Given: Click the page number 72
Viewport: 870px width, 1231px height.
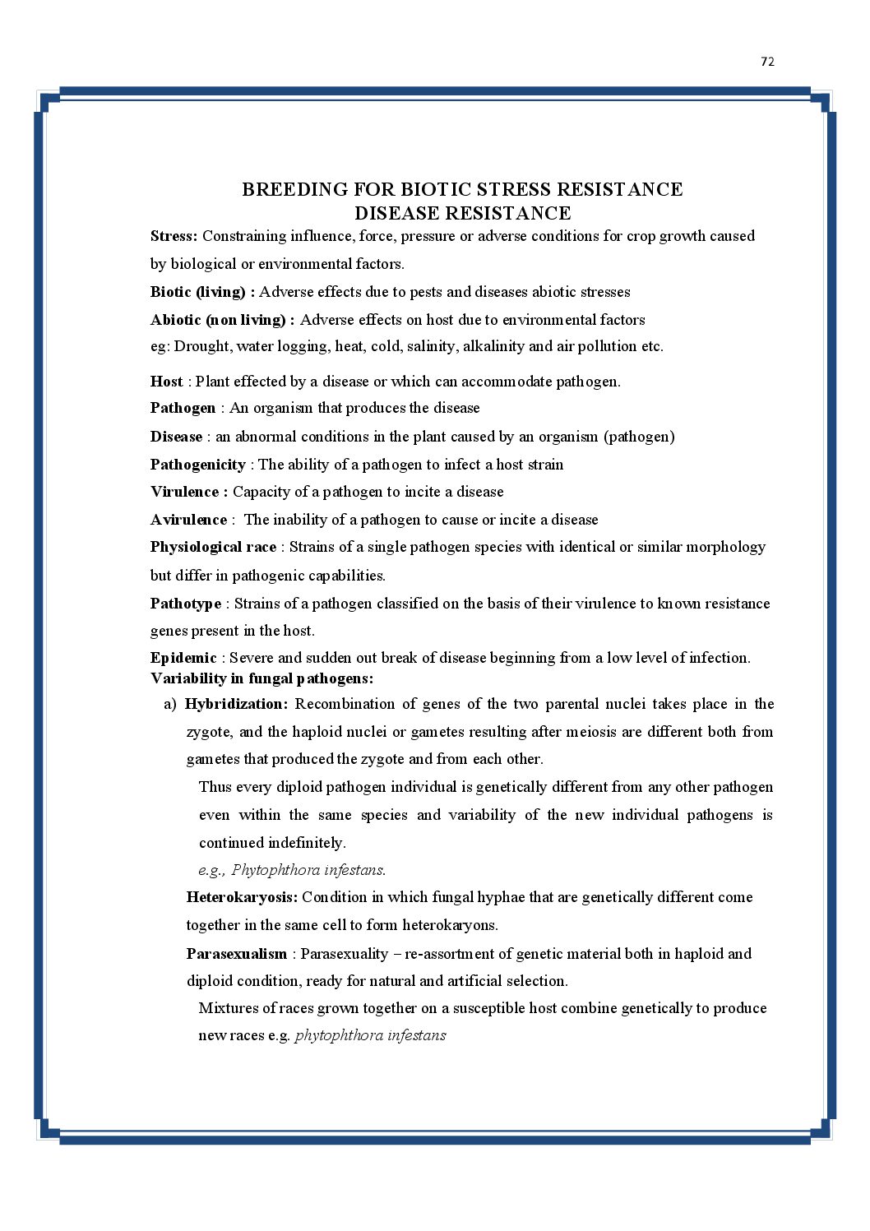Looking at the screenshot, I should coord(767,62).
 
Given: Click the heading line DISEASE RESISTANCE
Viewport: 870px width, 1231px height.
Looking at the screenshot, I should coord(462,213).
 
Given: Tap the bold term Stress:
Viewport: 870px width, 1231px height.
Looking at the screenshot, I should coord(174,236).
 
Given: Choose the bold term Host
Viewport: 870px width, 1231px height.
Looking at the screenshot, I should coord(166,382).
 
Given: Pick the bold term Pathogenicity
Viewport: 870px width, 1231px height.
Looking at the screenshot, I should coord(197,465).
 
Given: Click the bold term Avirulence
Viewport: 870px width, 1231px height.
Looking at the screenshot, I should coord(188,520).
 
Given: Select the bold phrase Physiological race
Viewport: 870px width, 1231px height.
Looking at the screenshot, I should coord(213,547).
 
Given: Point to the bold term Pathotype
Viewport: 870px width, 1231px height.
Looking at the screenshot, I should coord(185,604).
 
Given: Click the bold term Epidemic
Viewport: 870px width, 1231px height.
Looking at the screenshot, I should coord(183,658).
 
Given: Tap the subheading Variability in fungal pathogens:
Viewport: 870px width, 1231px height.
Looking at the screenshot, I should coord(261,678).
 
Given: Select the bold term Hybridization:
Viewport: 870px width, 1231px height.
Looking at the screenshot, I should coord(236,704).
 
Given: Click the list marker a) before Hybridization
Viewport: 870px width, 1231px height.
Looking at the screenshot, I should coord(170,704).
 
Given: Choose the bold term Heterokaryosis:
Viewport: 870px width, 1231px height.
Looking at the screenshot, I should coord(242,897).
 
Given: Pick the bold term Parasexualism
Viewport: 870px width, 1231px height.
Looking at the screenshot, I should coord(236,954).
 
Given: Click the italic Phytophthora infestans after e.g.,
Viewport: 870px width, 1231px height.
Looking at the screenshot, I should coord(308,870).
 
